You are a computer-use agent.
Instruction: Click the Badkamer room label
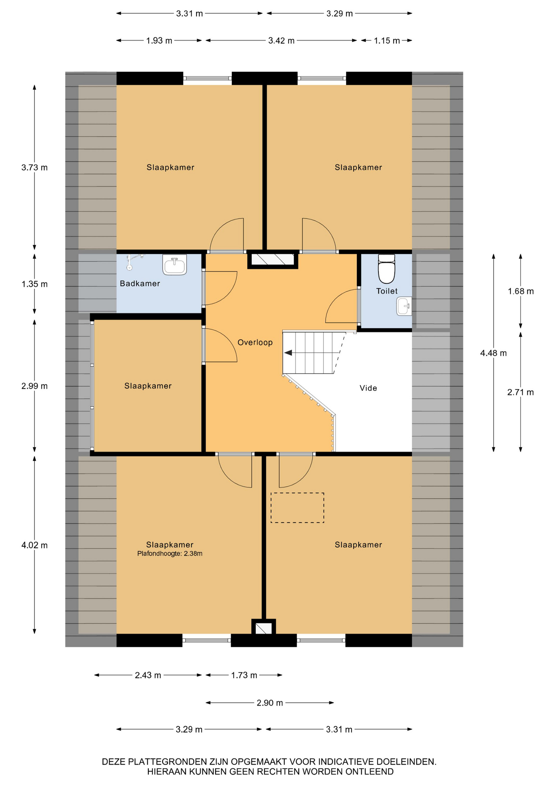(140, 283)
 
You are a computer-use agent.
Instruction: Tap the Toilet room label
(387, 291)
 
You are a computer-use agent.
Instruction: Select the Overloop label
(255, 342)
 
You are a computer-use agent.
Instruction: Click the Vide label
(368, 388)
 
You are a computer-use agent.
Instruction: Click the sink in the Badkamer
(175, 265)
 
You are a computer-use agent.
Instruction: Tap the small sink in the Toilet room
(404, 306)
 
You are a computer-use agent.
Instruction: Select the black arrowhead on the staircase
(288, 353)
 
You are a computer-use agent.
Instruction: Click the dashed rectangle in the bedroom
(297, 507)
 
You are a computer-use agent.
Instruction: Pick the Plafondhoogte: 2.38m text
(170, 554)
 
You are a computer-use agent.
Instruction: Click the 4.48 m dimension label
(493, 353)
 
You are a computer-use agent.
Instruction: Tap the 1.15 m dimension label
(387, 40)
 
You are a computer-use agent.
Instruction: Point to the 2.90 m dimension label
(270, 703)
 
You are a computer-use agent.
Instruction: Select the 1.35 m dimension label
(34, 284)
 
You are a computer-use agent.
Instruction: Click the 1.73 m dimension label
(244, 675)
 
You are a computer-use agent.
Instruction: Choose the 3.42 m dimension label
(281, 40)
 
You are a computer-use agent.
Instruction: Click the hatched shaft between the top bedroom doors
(273, 260)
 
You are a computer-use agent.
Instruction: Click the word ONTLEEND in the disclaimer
(369, 772)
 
